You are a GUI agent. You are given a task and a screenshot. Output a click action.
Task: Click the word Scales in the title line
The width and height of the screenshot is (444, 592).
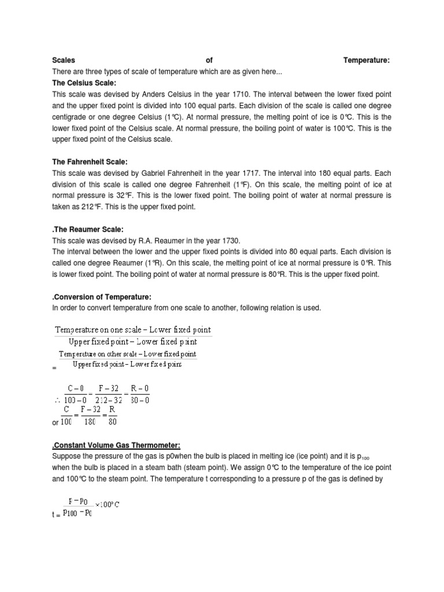coord(64,60)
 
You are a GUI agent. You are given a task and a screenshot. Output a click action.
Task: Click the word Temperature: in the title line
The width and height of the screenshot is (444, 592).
coord(367,60)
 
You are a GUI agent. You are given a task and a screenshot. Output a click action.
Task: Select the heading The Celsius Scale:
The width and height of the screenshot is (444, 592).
coord(84,83)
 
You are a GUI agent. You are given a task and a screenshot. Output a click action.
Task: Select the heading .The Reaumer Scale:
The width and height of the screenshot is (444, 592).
coord(88,230)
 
